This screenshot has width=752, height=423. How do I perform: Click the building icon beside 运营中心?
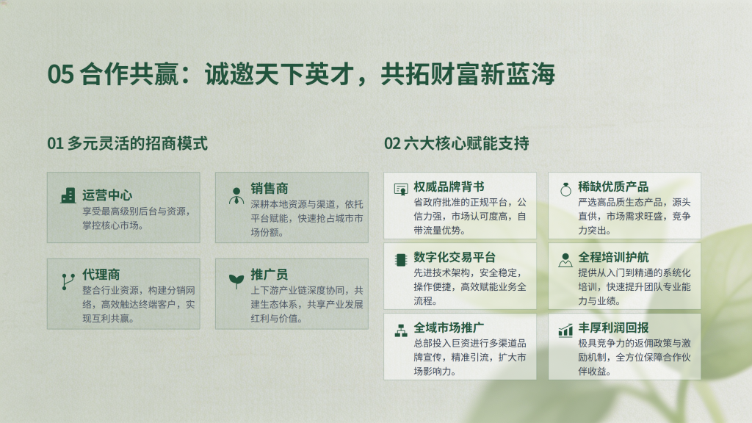68,195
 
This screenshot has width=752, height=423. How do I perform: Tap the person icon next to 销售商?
236,195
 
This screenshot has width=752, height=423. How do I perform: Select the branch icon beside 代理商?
68,281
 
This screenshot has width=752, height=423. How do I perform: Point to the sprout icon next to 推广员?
236,281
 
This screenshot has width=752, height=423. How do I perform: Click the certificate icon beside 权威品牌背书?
400,189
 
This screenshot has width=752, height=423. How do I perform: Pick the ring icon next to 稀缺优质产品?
566,189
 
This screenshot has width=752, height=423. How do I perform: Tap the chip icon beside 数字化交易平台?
400,259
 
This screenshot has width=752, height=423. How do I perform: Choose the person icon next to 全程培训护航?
565,259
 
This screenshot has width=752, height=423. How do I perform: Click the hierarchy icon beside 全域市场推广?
400,330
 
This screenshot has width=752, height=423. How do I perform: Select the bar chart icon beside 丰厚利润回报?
566,330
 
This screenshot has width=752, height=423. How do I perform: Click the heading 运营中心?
107,195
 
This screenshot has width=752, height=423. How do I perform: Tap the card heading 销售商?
270,189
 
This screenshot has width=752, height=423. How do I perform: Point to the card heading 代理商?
101,275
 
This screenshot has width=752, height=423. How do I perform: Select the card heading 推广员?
270,275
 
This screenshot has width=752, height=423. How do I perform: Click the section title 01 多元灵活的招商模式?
128,143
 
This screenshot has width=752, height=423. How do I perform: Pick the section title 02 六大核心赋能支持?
457,143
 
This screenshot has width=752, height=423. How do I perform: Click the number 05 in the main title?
60,74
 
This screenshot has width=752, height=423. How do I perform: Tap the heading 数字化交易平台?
455,257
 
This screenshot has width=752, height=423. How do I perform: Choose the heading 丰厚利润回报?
613,328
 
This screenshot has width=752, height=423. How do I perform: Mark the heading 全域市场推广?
449,328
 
